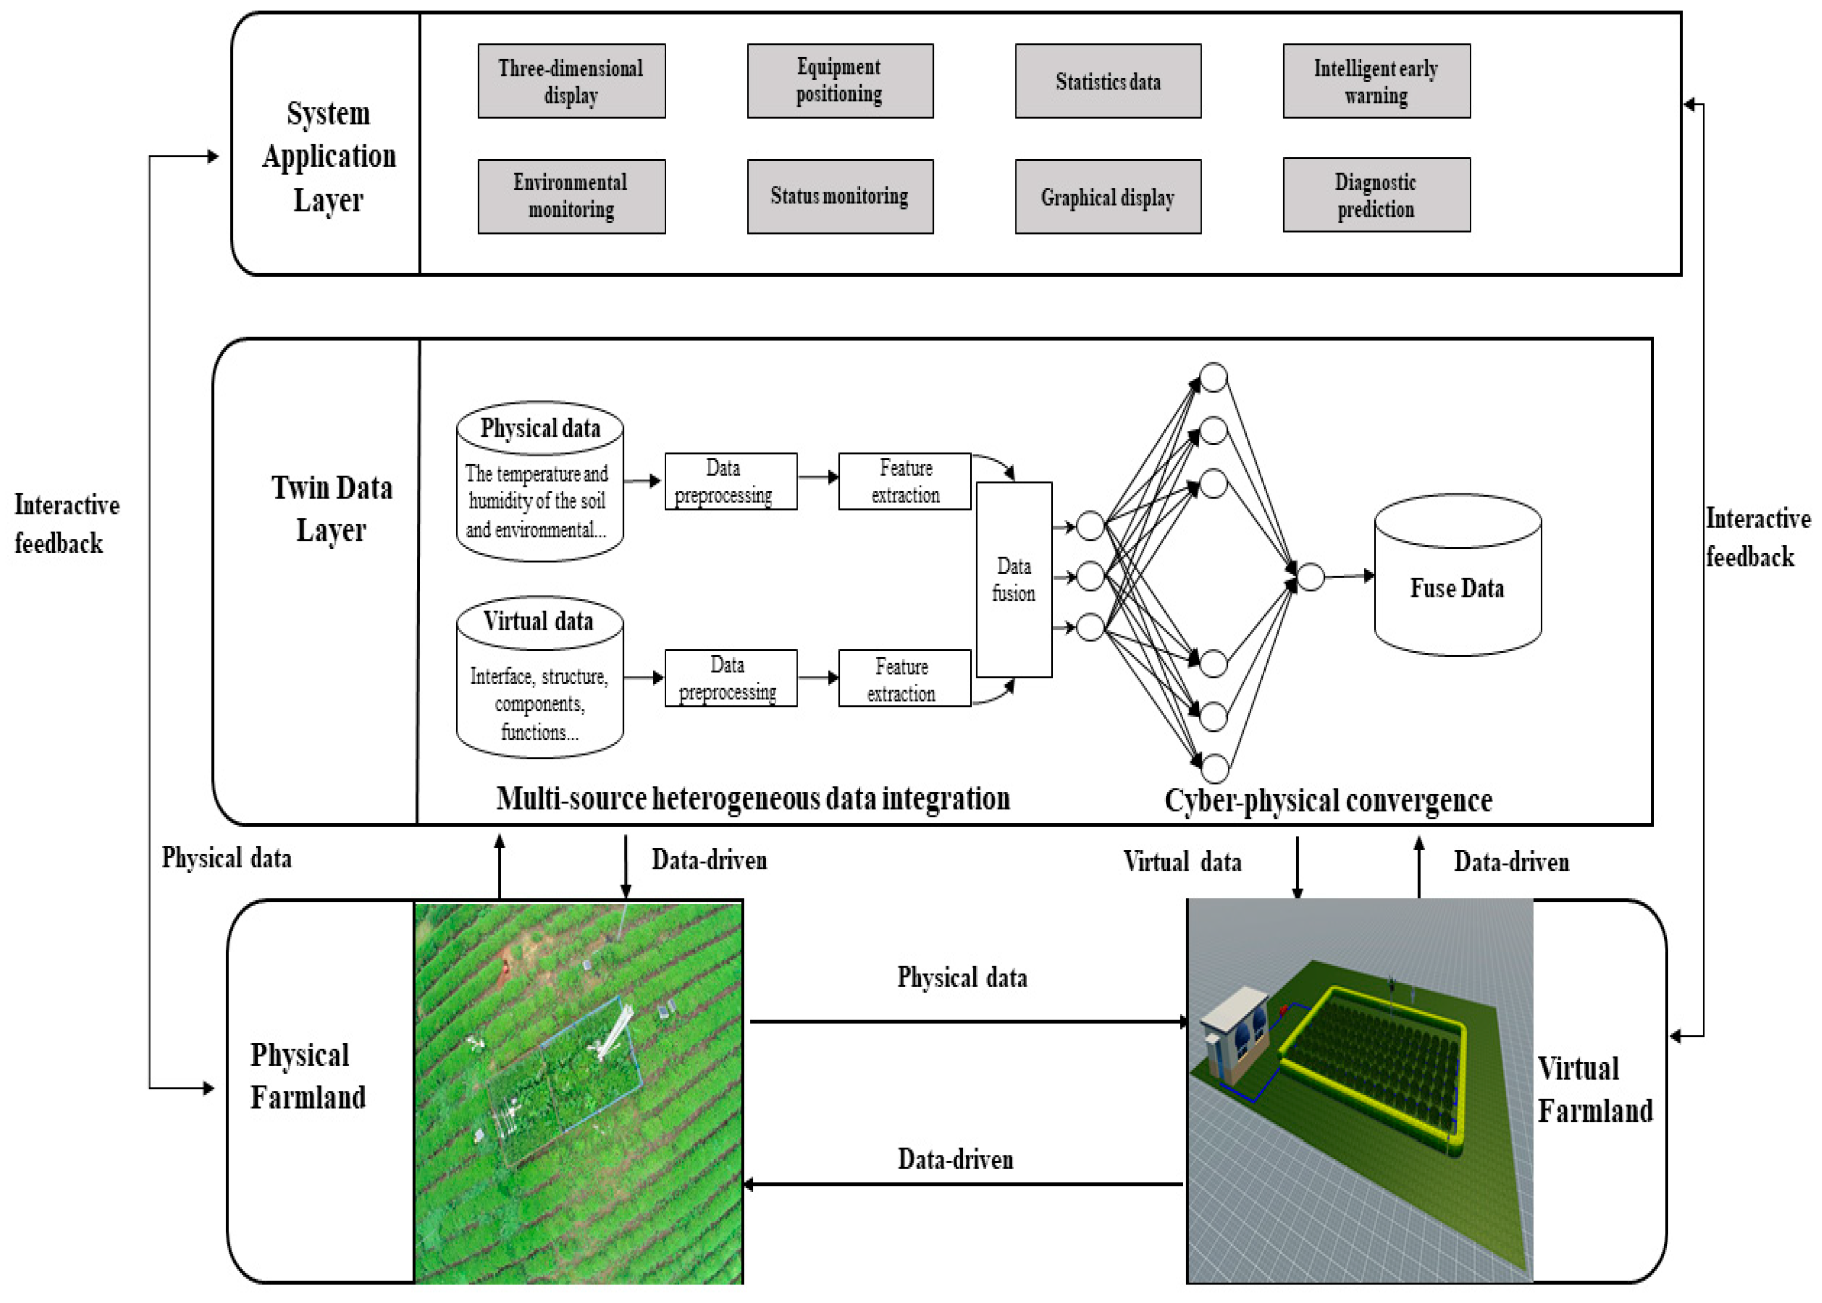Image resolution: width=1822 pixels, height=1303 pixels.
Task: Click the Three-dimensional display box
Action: coord(571,81)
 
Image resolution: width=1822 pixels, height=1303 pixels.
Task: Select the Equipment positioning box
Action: coord(839,81)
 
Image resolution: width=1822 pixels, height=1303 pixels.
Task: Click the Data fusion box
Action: coord(1013,579)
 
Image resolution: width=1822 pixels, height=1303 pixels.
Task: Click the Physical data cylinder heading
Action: coord(540,428)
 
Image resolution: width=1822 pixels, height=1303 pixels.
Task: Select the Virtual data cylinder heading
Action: coord(538,621)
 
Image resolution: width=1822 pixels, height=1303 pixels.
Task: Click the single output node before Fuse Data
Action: coord(1310,576)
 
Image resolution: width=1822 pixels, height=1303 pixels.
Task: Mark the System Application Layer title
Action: coord(328,156)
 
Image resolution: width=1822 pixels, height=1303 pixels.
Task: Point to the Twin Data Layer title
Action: coord(331,508)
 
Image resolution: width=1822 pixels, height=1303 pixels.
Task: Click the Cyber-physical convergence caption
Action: coord(1328,800)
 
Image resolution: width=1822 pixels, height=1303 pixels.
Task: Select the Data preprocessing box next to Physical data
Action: coord(730,482)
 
